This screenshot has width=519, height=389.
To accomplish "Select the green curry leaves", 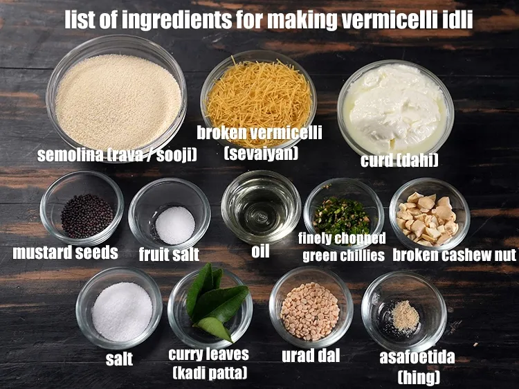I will [208, 305].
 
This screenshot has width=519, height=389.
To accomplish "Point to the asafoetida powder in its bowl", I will [405, 316].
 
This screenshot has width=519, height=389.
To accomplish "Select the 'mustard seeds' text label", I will [66, 253].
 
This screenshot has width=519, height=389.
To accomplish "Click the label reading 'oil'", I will [260, 251].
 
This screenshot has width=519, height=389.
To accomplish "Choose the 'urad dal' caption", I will [311, 356].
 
